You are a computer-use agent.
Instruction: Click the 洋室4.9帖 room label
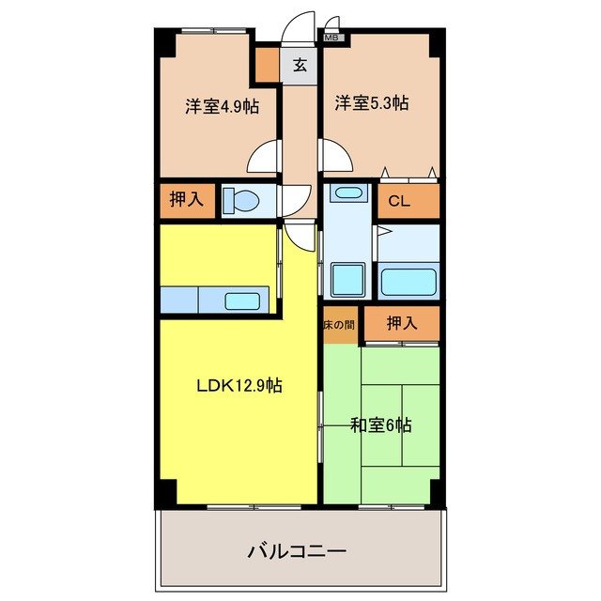222,106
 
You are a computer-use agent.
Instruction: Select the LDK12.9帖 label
239,384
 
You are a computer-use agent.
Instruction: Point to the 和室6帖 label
381,425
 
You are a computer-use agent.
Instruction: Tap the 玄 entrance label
300,66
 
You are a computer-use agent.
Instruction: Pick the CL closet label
398,200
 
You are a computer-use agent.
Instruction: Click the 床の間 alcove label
339,325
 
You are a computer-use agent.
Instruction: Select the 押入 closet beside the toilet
186,199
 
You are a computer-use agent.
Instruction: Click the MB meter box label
332,39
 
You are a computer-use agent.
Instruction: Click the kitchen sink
243,301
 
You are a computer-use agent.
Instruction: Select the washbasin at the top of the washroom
349,194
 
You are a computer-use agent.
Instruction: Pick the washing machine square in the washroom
349,279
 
